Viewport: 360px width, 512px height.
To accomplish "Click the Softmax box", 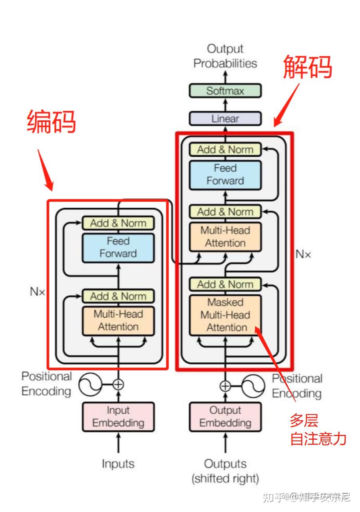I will tap(225, 91).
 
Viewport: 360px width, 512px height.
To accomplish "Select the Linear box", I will tap(225, 119).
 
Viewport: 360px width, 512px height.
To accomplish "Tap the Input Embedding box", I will tap(118, 417).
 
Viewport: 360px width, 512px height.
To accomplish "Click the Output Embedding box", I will tap(225, 417).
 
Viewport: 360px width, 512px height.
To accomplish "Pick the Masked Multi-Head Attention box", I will tap(225, 315).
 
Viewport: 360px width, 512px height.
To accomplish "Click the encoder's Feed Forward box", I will tap(118, 248).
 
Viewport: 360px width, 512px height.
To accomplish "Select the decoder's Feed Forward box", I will tap(225, 175).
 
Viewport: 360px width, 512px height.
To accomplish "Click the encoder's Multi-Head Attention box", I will tap(118, 320).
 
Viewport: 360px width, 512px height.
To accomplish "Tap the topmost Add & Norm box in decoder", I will tap(225, 150).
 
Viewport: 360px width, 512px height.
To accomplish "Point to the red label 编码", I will tap(52, 122).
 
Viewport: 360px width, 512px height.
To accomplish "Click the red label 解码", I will tap(308, 66).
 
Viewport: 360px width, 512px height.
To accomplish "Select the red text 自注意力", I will tap(318, 439).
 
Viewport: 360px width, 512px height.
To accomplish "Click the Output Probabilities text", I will tap(225, 56).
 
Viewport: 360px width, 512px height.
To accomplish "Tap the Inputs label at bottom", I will tap(118, 464).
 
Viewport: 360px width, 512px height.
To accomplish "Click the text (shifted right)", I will tap(225, 478).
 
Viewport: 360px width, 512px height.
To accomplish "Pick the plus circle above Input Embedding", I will tap(118, 385).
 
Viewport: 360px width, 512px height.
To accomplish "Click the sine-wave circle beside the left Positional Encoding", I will tap(90, 385).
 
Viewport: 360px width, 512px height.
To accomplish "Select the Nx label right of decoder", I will tap(303, 254).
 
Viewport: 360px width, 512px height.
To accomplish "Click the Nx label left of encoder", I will tap(38, 292).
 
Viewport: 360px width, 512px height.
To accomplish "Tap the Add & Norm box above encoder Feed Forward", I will tap(118, 223).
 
